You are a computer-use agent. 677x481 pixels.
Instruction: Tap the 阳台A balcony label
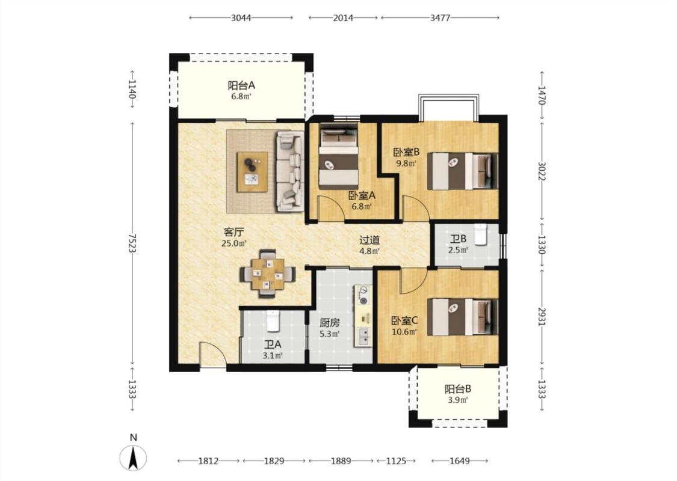coord(241,85)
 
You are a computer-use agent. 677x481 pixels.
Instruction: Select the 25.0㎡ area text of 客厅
coord(234,244)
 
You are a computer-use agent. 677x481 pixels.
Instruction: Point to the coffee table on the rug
coord(252,172)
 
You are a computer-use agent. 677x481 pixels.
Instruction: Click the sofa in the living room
coord(289,171)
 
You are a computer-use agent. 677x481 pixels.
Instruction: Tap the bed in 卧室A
coord(338,157)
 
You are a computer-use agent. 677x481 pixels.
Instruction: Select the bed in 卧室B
coord(462,171)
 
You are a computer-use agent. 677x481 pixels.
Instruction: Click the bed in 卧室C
coord(462,317)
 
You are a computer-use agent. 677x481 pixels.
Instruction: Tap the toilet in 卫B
coord(481,234)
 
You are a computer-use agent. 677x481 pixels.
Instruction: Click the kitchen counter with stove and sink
coord(363,315)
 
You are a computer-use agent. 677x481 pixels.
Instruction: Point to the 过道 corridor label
coord(370,239)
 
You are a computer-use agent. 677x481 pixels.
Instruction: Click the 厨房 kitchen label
coord(329,322)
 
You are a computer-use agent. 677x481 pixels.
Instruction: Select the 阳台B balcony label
coord(458,389)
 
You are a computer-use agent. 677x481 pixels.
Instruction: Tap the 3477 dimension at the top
coord(440,17)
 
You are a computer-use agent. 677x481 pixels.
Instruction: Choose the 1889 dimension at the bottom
coord(341,461)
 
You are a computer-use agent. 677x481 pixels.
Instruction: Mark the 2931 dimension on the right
coord(542,316)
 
